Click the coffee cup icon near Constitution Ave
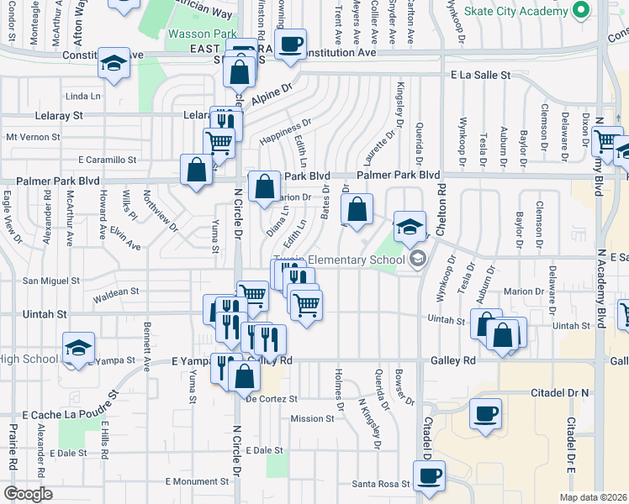click(291, 44)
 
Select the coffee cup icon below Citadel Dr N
click(486, 414)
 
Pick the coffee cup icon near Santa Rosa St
click(429, 475)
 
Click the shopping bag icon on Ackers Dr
click(357, 207)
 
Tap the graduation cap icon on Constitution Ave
click(113, 64)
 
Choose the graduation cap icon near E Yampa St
click(78, 346)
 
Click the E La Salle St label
click(481, 75)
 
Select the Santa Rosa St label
click(380, 484)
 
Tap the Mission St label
click(312, 418)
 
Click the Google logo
click(28, 493)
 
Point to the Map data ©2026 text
click(591, 497)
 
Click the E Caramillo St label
click(107, 159)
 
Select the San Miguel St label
click(50, 281)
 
